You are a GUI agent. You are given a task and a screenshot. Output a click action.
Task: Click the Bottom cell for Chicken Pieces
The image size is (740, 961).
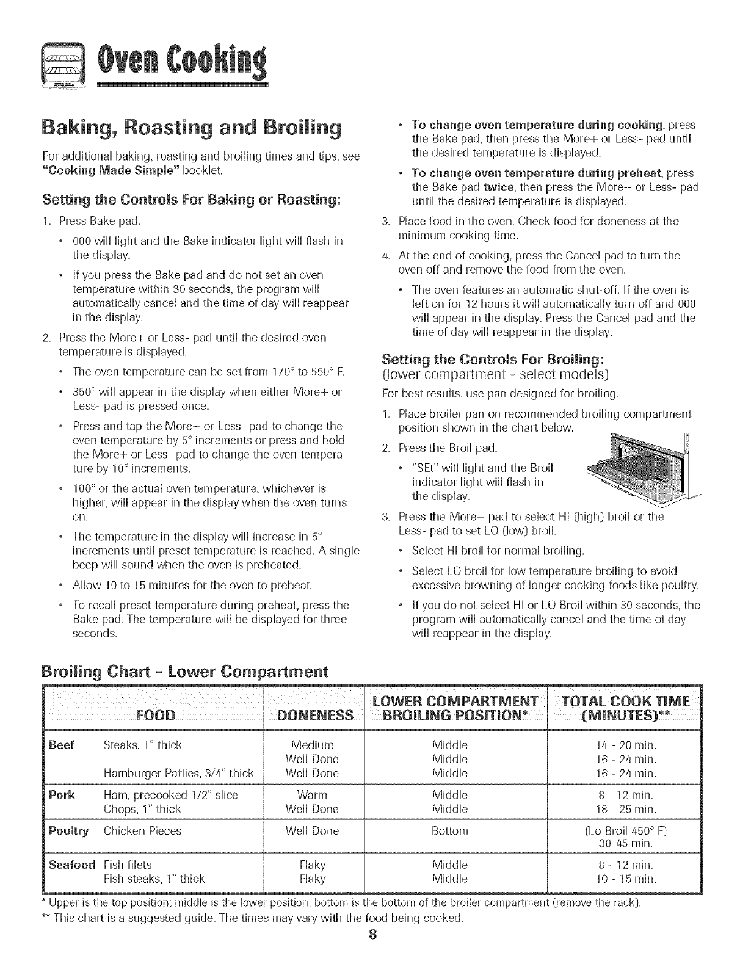click(x=449, y=830)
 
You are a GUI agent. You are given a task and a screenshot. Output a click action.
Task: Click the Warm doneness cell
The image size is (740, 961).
click(x=312, y=795)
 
